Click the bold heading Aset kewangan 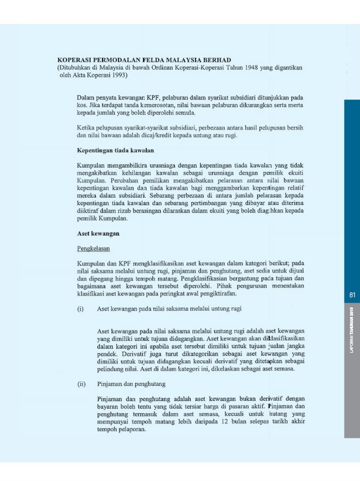point(98,234)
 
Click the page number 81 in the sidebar point(352,295)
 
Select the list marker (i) point(81,308)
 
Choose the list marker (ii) point(82,384)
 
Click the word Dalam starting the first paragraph point(87,98)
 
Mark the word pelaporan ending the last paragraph point(131,429)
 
